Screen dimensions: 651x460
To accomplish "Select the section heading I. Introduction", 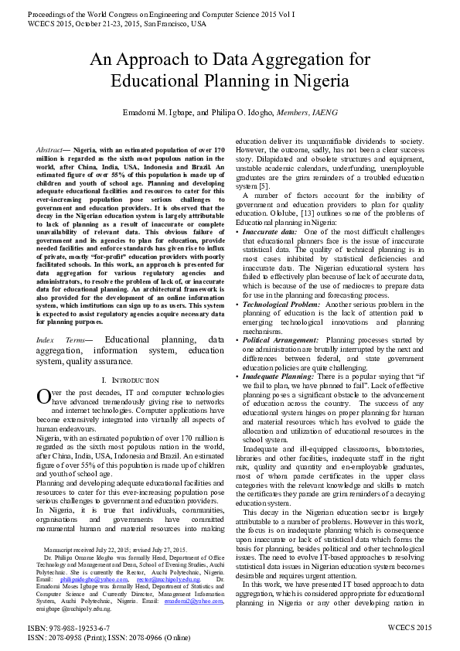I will tap(130, 381).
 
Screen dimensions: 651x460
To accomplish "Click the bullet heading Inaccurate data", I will tap(270, 231).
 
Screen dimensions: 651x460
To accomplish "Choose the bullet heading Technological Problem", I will tap(281, 305).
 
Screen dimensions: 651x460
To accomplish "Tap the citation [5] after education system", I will tap(263, 186).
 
